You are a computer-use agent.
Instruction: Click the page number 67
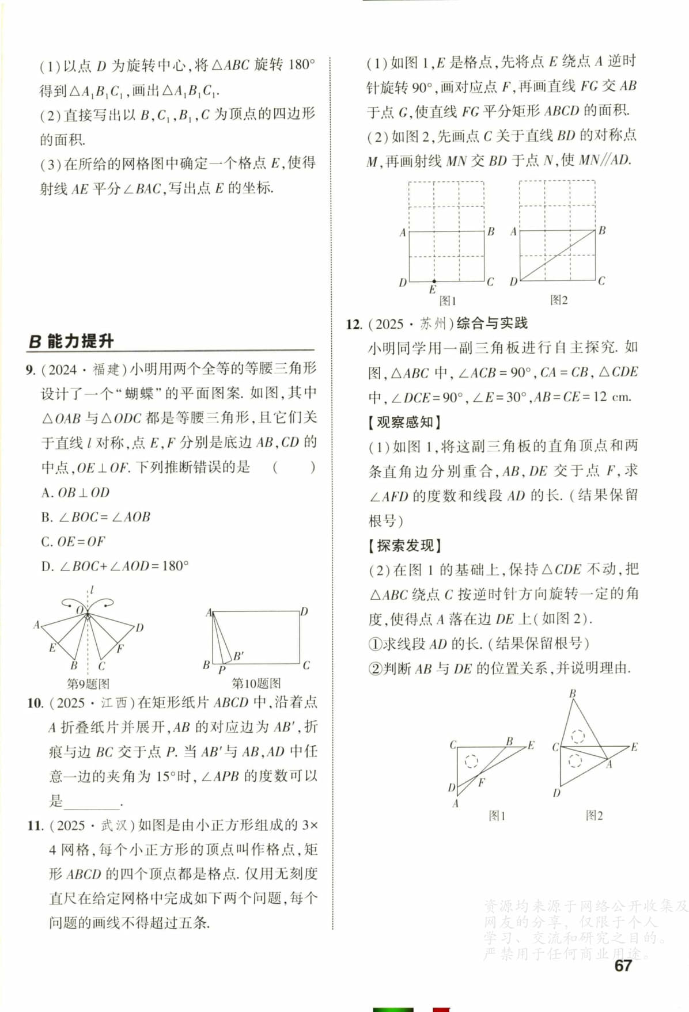(623, 965)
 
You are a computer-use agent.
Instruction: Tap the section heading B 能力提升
(71, 341)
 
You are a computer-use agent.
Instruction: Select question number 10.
(35, 703)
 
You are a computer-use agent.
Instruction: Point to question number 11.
(35, 825)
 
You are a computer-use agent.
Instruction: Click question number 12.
(354, 324)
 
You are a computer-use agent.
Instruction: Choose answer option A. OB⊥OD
(75, 493)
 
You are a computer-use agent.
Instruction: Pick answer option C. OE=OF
(73, 542)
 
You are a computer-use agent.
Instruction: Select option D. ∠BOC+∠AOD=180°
(115, 566)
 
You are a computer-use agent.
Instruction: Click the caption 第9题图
(88, 684)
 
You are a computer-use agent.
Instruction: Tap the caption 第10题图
(256, 683)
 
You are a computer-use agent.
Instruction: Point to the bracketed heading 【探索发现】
(404, 545)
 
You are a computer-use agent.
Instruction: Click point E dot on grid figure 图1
(434, 281)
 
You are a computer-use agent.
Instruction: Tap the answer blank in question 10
(92, 801)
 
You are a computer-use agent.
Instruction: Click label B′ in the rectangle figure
(238, 656)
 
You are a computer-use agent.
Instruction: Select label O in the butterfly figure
(80, 609)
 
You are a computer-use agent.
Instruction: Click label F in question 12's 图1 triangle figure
(482, 782)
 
